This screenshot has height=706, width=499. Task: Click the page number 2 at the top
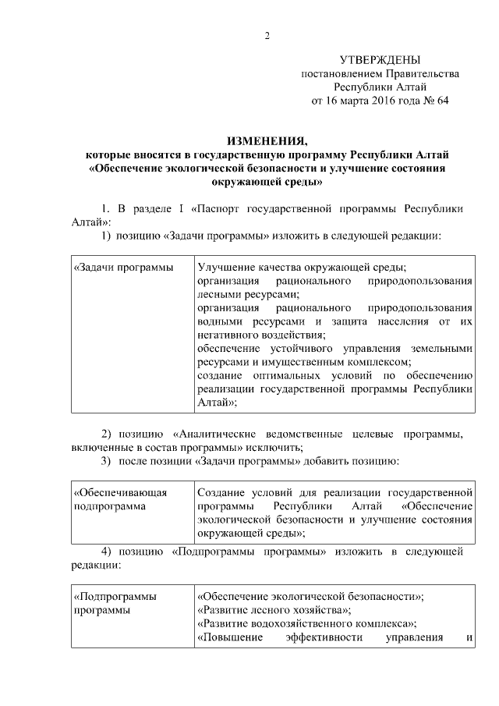[266, 35]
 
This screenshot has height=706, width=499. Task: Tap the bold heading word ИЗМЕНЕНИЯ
[267, 141]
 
